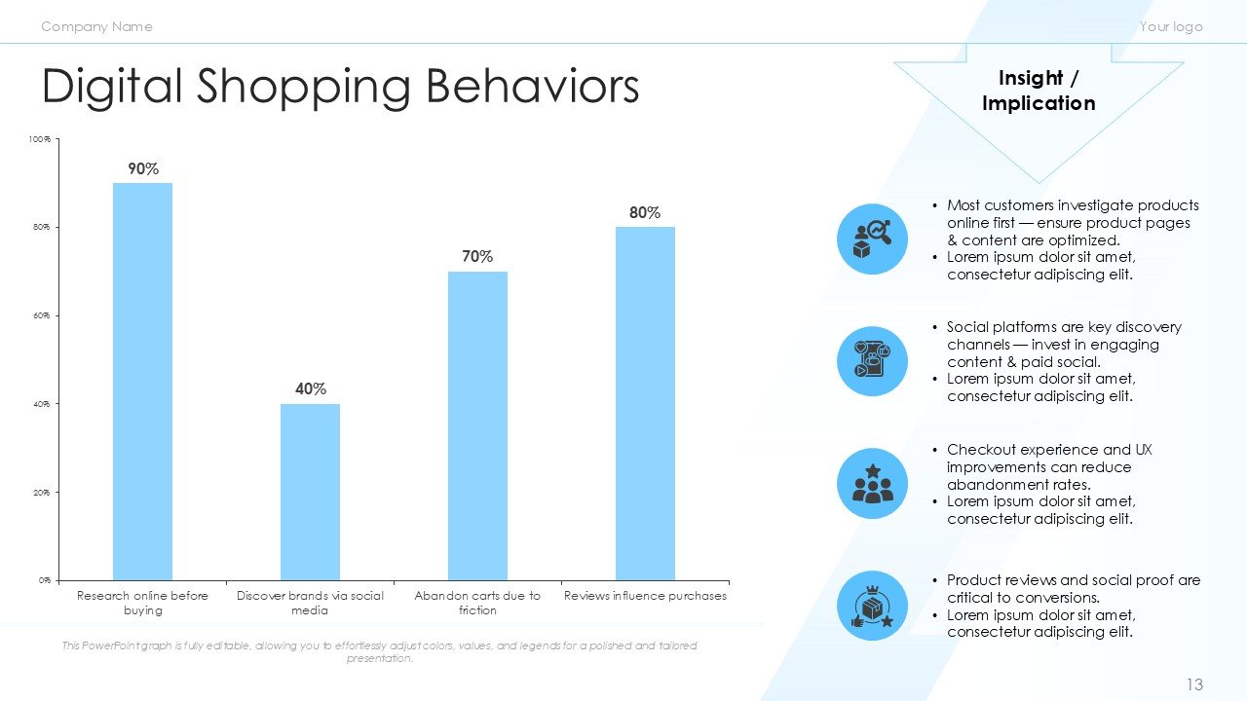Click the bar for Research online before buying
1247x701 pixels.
click(x=142, y=381)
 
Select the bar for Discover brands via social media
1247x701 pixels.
click(x=310, y=492)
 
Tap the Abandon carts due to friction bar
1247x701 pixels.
click(x=477, y=425)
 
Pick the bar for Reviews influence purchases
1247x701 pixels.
click(x=645, y=403)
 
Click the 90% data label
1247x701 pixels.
click(x=143, y=169)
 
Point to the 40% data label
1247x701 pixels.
click(x=311, y=389)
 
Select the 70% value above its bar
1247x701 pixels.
click(x=477, y=257)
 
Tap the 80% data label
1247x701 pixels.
click(x=645, y=212)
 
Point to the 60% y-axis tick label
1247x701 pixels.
click(x=40, y=316)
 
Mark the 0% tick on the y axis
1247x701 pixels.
click(x=44, y=580)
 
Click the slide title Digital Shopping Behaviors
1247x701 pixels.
click(x=340, y=87)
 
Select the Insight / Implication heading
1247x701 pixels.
click(x=1039, y=91)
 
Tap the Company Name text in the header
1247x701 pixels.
click(x=96, y=26)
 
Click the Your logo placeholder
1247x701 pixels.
click(x=1171, y=26)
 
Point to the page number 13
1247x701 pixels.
click(x=1194, y=685)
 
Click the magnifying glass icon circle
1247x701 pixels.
click(x=872, y=239)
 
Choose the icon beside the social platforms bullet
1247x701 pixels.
click(x=872, y=361)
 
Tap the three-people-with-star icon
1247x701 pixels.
click(x=872, y=484)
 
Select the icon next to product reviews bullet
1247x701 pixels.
click(x=872, y=606)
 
